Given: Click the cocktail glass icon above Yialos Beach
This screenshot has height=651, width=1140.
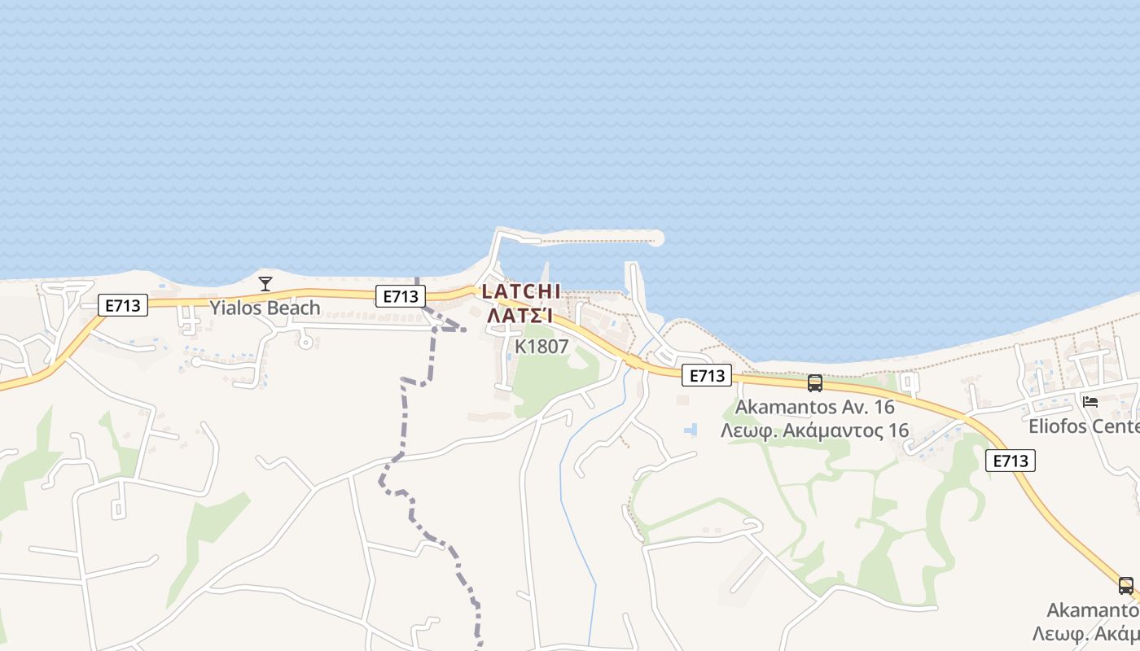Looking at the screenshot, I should (265, 284).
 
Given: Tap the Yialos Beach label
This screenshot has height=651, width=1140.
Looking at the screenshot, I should (265, 308).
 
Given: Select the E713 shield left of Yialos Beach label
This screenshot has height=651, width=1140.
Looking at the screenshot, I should (123, 306).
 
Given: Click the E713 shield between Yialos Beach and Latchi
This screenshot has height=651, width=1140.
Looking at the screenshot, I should (401, 296).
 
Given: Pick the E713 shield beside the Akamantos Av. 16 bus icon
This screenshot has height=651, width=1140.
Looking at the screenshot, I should (707, 375).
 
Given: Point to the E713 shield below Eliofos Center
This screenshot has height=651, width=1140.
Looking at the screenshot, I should (1011, 461).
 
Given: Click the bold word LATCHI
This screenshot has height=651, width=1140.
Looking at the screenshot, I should (521, 291).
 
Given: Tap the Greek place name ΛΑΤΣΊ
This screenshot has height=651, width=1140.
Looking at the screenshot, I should (521, 315).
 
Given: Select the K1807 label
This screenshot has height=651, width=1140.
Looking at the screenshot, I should (541, 347).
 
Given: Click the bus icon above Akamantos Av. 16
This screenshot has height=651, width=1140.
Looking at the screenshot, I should (814, 382).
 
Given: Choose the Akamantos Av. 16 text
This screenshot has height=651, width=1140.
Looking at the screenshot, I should (814, 407).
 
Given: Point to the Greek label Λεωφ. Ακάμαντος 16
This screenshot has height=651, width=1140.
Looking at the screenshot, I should (814, 430).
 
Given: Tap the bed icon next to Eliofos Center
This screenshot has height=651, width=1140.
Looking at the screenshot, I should (1090, 402).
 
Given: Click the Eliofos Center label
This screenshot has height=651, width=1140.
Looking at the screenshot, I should (1083, 426).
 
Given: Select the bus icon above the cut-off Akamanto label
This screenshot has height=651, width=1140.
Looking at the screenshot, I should (1125, 585).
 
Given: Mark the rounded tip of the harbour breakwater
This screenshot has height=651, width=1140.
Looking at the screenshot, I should (655, 238).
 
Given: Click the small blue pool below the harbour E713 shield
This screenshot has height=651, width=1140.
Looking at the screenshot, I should (691, 429).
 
